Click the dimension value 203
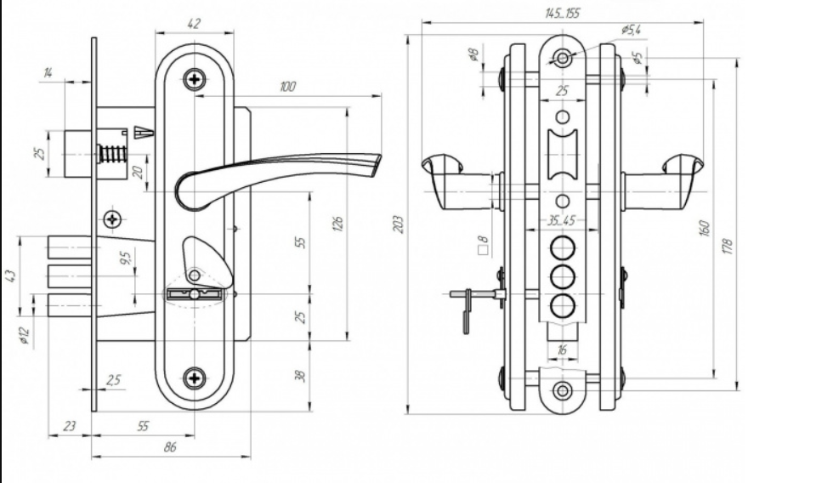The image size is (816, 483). tap(399, 224)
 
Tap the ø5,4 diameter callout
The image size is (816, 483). tap(631, 31)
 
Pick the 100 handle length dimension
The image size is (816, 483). tap(287, 87)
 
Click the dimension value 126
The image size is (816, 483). tap(337, 223)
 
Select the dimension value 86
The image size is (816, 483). tap(169, 447)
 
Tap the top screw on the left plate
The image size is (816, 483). tap(196, 81)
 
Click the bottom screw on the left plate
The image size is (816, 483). tap(195, 378)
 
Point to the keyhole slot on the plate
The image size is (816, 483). tap(195, 294)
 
